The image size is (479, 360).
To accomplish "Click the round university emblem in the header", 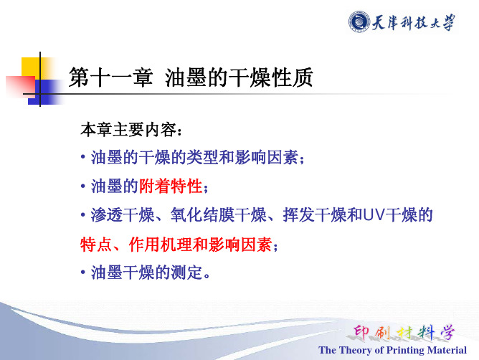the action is click(x=359, y=22).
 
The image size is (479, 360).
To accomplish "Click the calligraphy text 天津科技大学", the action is click(x=413, y=22).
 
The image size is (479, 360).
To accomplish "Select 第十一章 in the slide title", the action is click(x=110, y=77).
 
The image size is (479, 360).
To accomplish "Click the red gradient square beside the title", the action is click(x=21, y=86).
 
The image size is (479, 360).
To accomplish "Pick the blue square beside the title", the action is click(x=44, y=92).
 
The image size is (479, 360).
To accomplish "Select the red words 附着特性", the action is click(x=171, y=186).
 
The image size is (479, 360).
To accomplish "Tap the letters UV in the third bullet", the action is click(x=373, y=214).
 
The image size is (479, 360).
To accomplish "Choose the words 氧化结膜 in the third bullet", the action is click(x=202, y=214).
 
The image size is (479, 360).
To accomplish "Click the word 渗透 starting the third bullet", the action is click(x=107, y=214).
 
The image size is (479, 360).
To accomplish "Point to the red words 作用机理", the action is click(x=161, y=245).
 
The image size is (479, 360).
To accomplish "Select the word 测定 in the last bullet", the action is click(x=186, y=273).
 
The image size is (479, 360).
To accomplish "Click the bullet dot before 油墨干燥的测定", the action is click(x=83, y=272).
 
